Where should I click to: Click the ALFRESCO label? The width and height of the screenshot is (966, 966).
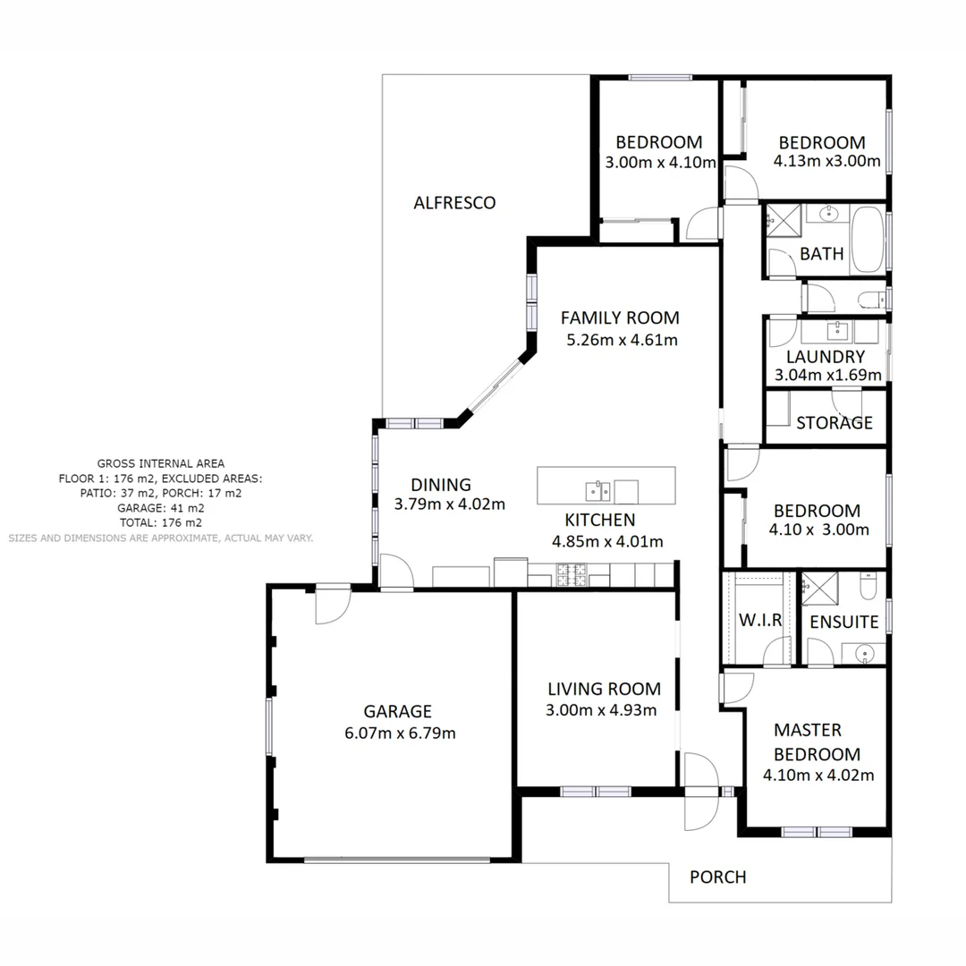(453, 203)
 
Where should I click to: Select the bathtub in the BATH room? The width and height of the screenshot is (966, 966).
(867, 240)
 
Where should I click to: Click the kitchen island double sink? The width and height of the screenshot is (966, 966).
(597, 491)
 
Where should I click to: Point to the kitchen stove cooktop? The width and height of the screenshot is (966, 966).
(572, 574)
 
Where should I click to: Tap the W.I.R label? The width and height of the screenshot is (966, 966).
(760, 621)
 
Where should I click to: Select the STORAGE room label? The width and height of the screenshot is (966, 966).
(834, 423)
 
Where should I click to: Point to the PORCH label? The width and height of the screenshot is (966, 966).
(717, 877)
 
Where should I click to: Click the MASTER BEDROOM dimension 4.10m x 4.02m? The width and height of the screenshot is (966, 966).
(818, 775)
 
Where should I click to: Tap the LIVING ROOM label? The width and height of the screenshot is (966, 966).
(604, 689)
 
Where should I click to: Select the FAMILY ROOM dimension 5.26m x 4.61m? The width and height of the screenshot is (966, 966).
(621, 340)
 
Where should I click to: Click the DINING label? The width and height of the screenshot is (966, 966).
(440, 485)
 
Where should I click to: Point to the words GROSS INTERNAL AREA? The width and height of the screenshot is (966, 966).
(161, 463)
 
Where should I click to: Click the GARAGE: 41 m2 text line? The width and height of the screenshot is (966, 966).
(161, 507)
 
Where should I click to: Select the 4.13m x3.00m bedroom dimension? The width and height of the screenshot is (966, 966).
(826, 162)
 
